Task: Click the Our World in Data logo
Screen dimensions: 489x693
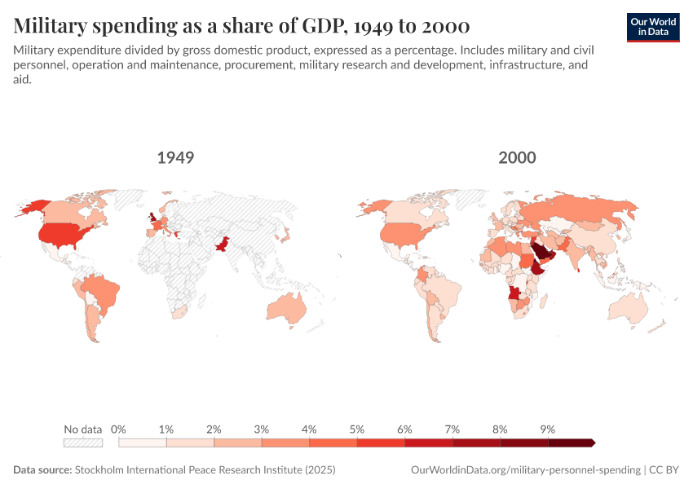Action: pyautogui.click(x=653, y=27)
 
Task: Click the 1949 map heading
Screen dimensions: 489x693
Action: pyautogui.click(x=175, y=157)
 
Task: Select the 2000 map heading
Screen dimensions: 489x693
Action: pyautogui.click(x=517, y=157)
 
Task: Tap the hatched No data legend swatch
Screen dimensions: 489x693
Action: pyautogui.click(x=83, y=443)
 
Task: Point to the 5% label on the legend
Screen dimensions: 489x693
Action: pyautogui.click(x=357, y=429)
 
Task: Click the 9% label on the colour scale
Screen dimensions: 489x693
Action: pyautogui.click(x=547, y=429)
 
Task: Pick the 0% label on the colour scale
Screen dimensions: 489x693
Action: pyautogui.click(x=119, y=429)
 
